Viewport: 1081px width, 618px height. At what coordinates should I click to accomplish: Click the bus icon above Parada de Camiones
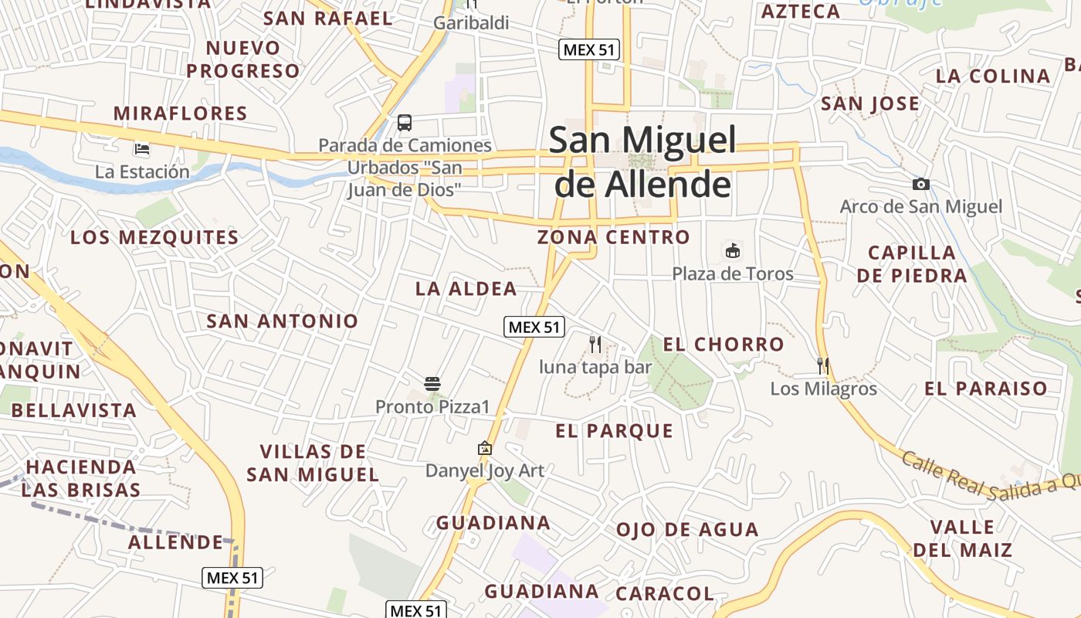coord(405,122)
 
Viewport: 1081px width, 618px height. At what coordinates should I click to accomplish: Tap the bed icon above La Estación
coord(142,148)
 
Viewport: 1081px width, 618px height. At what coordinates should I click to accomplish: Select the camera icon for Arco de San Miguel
coord(920,184)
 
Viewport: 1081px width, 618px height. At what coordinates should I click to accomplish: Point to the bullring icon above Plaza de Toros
coord(732,250)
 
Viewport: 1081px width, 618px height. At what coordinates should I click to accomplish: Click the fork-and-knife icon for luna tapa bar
coord(595,344)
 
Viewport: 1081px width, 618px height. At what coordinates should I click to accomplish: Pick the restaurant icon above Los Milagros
coord(823,365)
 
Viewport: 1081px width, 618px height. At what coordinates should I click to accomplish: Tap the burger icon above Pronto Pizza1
coord(432,383)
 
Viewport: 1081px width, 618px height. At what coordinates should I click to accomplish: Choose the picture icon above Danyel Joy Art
coord(485,448)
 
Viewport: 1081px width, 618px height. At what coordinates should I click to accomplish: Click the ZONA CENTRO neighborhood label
coord(614,237)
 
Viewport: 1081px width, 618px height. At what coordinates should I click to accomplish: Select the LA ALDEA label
coord(466,289)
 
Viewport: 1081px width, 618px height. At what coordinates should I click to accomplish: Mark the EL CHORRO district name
coord(723,345)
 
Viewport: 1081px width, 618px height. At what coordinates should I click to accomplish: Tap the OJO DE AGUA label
coord(687,530)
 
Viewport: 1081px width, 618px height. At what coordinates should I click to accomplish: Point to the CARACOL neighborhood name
coord(665,593)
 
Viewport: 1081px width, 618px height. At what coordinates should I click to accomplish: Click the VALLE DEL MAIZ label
coord(962,538)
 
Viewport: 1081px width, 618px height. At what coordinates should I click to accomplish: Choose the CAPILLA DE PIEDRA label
coord(912,264)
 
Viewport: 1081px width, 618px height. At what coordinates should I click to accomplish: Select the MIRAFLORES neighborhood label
coord(181,114)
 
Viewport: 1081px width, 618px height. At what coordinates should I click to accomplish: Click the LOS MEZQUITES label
coord(154,237)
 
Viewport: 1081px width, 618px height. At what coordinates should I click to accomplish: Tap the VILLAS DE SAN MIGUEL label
coord(313,463)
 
